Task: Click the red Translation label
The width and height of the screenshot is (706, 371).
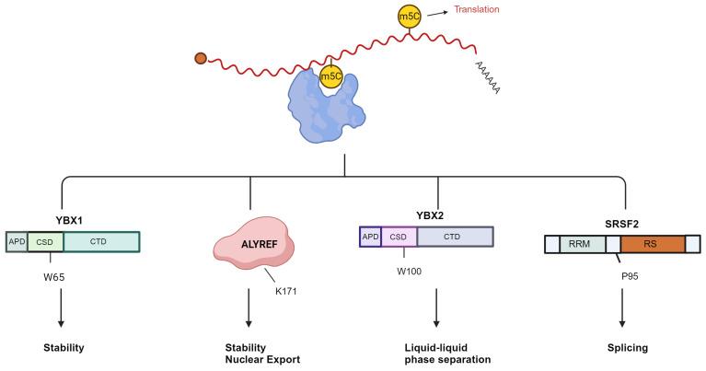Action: point(474,10)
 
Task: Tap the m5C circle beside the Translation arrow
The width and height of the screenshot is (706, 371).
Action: point(409,17)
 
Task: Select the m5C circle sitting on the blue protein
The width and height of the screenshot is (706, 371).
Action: point(330,76)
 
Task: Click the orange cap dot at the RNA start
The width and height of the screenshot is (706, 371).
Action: point(201,60)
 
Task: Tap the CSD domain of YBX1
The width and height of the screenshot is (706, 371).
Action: point(44,241)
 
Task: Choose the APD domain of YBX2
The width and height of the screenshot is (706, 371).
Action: point(369,236)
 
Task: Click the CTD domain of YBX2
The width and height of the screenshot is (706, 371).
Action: point(455,236)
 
